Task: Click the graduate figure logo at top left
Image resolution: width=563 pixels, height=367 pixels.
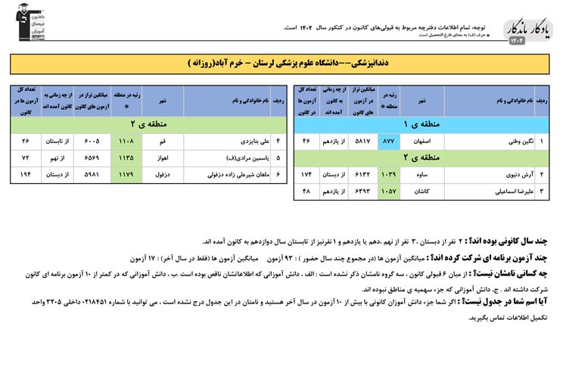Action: pyautogui.click(x=23, y=22)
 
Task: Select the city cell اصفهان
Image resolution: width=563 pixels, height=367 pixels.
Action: pyautogui.click(x=422, y=142)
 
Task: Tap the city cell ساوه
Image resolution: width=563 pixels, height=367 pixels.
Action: pyautogui.click(x=422, y=175)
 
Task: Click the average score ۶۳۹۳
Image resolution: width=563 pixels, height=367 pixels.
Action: pyautogui.click(x=362, y=192)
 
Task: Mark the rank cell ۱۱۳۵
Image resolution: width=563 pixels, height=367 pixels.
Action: pyautogui.click(x=126, y=158)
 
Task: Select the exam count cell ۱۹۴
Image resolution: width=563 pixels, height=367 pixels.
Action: pyautogui.click(x=26, y=175)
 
